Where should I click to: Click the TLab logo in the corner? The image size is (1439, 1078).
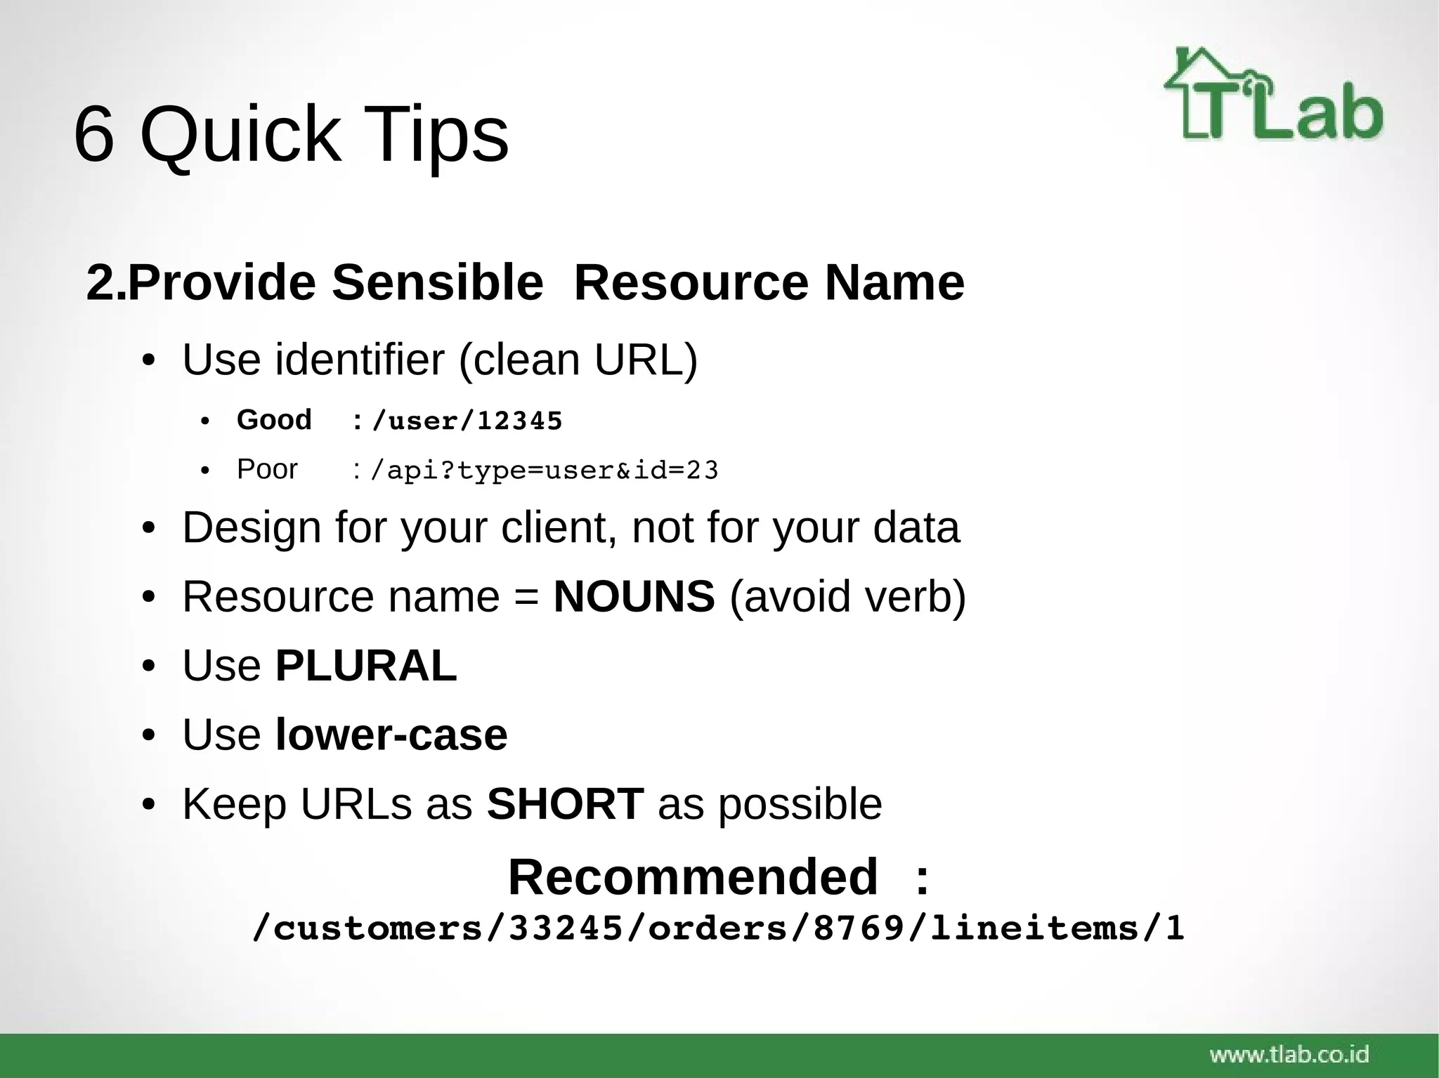point(1273,95)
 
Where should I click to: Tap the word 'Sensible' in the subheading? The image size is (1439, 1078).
point(437,282)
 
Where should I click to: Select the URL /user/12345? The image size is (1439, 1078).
point(467,421)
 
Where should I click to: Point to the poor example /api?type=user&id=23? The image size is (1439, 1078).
point(544,471)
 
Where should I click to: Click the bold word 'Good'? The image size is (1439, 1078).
point(274,420)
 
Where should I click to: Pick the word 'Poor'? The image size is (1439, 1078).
point(267,469)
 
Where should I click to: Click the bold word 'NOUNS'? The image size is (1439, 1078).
point(634,597)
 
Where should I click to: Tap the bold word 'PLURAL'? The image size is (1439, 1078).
point(365,665)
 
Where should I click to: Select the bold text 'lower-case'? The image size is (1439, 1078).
point(391,735)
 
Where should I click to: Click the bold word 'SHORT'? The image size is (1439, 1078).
point(565,803)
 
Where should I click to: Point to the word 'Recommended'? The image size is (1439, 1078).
point(693,877)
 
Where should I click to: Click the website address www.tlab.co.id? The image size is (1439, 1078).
point(1289,1054)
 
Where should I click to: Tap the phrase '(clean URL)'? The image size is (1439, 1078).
point(578,360)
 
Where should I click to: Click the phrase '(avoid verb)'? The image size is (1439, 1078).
point(848,597)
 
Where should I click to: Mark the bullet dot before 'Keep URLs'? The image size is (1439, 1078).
point(148,805)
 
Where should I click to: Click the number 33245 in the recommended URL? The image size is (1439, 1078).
point(566,928)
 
